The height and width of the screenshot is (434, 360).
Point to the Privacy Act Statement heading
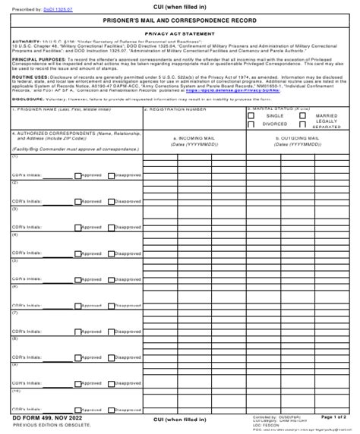coord(179,34)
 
